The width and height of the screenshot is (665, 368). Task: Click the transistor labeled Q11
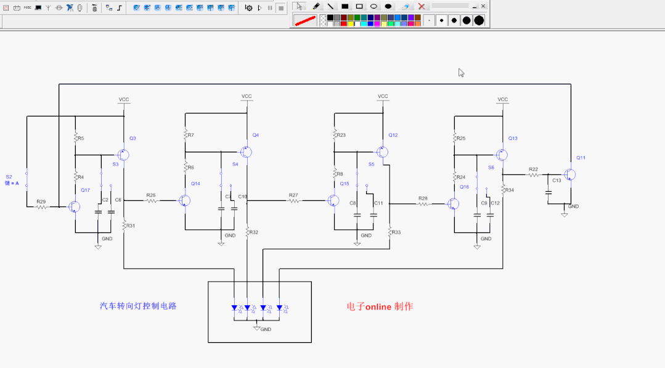(x=570, y=175)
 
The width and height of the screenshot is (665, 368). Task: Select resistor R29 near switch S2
(x=41, y=207)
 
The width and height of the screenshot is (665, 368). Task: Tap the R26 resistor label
(x=151, y=195)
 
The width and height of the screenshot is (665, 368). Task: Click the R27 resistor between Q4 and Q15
(x=294, y=200)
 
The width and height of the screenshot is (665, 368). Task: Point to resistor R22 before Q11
(x=534, y=175)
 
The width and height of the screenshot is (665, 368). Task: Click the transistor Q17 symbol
(x=74, y=207)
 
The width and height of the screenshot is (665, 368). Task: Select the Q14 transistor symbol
(x=184, y=200)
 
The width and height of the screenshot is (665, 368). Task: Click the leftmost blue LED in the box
(x=234, y=308)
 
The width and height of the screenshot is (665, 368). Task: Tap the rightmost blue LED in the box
(x=279, y=308)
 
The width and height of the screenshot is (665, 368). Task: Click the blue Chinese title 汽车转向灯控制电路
(x=138, y=306)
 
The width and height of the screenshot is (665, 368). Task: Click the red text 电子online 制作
(x=380, y=306)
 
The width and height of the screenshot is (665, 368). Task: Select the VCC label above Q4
(x=247, y=96)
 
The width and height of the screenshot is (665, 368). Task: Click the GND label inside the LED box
(x=266, y=329)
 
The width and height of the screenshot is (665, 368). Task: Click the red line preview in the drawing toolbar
(x=305, y=20)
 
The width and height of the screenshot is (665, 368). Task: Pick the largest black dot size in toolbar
(x=479, y=20)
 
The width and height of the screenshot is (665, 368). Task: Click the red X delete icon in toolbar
(x=422, y=6)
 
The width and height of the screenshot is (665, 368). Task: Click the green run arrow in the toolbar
(x=259, y=8)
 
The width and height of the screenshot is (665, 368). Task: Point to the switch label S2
(x=9, y=176)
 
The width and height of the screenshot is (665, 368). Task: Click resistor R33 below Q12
(x=390, y=232)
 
